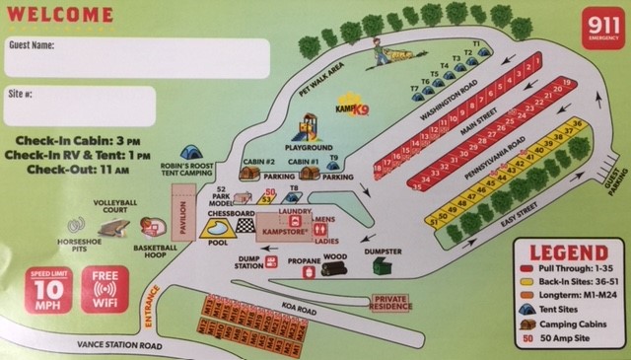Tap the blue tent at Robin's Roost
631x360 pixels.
pos(192,153)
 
